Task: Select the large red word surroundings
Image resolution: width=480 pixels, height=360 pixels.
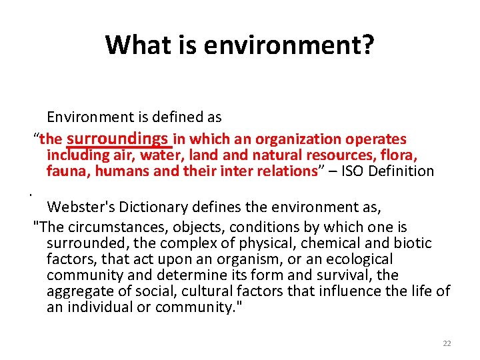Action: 117,138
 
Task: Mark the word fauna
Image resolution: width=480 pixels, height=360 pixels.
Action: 68,171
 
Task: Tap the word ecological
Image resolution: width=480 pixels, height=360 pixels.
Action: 359,259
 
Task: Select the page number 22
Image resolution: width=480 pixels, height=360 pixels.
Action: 447,343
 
